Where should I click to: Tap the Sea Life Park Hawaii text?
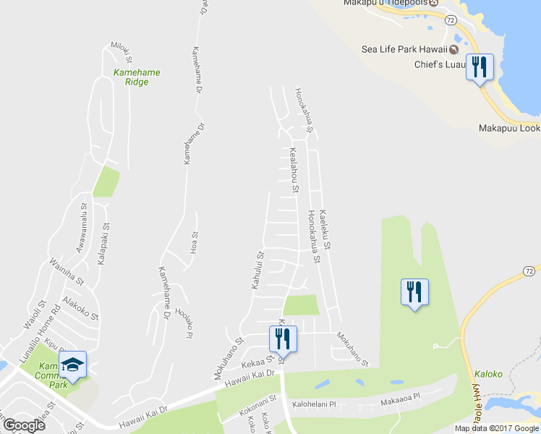click(x=404, y=50)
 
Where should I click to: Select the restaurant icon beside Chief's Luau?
click(x=479, y=68)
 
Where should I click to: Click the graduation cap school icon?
click(x=73, y=365)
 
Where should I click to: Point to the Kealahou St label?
click(x=294, y=171)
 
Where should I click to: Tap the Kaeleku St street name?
click(x=325, y=230)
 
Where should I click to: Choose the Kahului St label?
click(x=257, y=270)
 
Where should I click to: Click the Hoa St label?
click(x=195, y=239)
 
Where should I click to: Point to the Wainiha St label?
click(x=67, y=271)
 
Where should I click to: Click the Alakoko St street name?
click(x=80, y=307)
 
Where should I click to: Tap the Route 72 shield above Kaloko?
click(x=530, y=270)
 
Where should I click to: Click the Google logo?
click(x=24, y=425)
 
